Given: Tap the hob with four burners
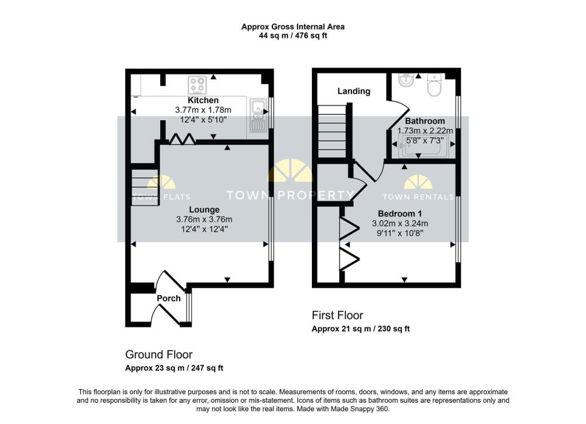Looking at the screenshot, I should (197, 85).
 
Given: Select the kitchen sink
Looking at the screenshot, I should (258, 114).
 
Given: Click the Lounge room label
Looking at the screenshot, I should (188, 209).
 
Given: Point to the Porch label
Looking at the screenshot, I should (168, 298).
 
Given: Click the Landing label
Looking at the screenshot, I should (354, 91).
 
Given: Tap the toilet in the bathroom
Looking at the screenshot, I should (434, 86).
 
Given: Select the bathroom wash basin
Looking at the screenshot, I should (406, 80).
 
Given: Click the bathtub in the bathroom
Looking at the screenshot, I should (424, 149).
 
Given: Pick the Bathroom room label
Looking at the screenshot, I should (425, 121).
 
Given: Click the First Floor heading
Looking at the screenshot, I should (337, 315).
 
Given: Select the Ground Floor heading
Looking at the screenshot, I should (159, 354).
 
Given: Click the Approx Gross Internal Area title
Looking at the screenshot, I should (292, 26).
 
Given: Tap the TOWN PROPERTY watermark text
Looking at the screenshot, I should (290, 196).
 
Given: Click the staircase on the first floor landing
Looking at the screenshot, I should (332, 130).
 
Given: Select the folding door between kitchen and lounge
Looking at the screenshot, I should (184, 138).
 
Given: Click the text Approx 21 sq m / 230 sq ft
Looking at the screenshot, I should (361, 329).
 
